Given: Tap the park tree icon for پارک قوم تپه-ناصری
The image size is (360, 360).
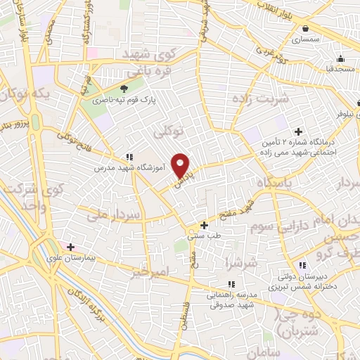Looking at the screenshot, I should [124, 89].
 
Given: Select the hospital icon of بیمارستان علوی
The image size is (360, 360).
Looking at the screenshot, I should [70, 247].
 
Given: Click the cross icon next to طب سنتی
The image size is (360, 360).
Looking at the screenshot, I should [204, 226].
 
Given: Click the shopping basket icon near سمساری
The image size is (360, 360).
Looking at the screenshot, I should [306, 29].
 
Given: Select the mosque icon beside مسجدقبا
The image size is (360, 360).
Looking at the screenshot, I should [340, 58].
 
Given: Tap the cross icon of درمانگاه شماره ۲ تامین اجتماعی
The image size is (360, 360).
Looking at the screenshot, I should [298, 131].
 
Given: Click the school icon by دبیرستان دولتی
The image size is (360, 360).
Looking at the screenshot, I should [302, 265].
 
